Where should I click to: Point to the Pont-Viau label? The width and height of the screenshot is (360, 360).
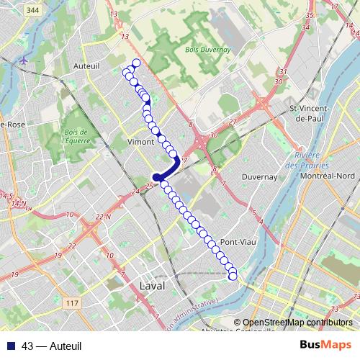coord(235,242)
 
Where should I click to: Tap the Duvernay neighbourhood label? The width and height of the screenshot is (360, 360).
coord(260,176)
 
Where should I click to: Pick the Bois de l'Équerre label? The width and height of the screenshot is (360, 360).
coord(76,135)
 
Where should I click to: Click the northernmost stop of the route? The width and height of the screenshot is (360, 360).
coord(136,62)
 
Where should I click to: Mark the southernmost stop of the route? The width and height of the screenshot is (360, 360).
coord(233,276)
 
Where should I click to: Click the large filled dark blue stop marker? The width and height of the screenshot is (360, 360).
coord(156,178)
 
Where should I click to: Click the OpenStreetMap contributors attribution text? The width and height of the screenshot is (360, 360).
coord(297,323)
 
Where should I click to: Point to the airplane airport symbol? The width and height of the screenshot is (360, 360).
coord(26,60)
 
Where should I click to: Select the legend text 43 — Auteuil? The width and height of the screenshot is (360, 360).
coord(52,346)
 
